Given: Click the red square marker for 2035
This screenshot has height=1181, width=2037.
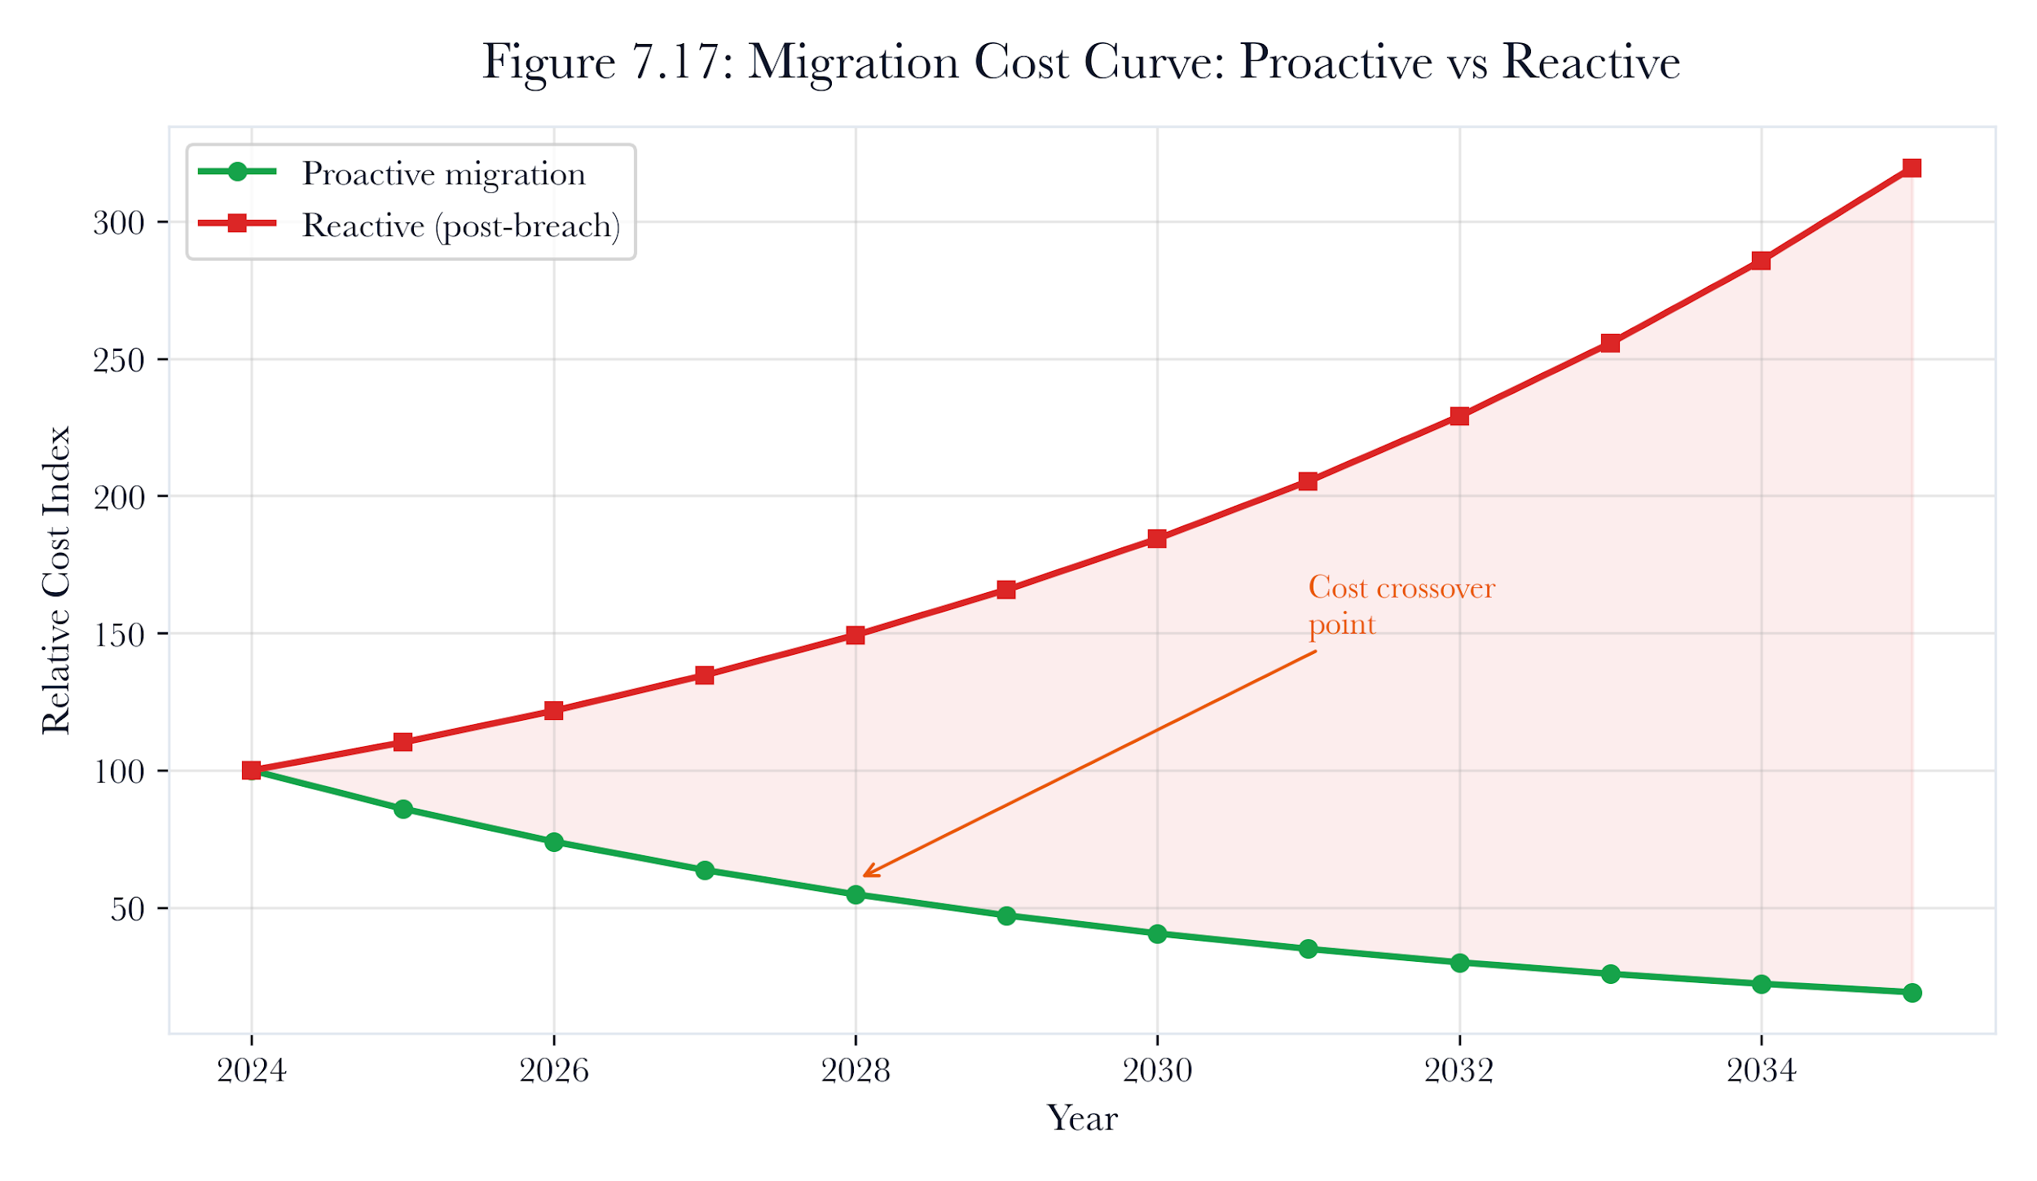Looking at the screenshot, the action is (x=1911, y=168).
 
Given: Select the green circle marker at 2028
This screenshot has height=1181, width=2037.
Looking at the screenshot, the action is (x=856, y=894).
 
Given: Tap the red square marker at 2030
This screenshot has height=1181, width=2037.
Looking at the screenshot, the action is (x=1157, y=538).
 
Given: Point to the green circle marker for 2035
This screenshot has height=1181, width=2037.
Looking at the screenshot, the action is (x=1912, y=992).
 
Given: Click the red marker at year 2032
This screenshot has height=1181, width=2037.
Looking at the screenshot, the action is (x=1459, y=416).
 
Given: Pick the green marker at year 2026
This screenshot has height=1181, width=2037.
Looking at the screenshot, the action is (x=554, y=841).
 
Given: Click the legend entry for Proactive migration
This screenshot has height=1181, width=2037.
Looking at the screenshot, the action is (x=392, y=173).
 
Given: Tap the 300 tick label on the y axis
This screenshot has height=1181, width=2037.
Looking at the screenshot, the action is (x=119, y=222).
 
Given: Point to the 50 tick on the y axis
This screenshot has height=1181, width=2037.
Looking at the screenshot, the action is (x=128, y=909).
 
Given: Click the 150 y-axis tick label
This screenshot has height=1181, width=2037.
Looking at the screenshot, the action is (x=119, y=634).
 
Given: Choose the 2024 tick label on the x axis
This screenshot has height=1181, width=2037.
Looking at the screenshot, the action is (x=252, y=1069).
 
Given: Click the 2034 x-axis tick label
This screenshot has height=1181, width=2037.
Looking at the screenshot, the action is (x=1761, y=1069).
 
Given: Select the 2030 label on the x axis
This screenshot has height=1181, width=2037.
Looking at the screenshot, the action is (x=1157, y=1069).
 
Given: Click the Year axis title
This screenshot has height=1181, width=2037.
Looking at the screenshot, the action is (x=1082, y=1117).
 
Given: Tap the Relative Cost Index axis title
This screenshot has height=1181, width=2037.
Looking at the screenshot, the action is (x=56, y=579).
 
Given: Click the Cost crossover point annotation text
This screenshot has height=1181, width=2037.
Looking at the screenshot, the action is (x=1401, y=605).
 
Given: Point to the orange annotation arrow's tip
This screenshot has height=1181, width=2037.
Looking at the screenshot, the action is (x=864, y=876).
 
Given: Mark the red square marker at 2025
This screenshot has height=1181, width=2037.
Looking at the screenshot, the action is (x=403, y=741).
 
